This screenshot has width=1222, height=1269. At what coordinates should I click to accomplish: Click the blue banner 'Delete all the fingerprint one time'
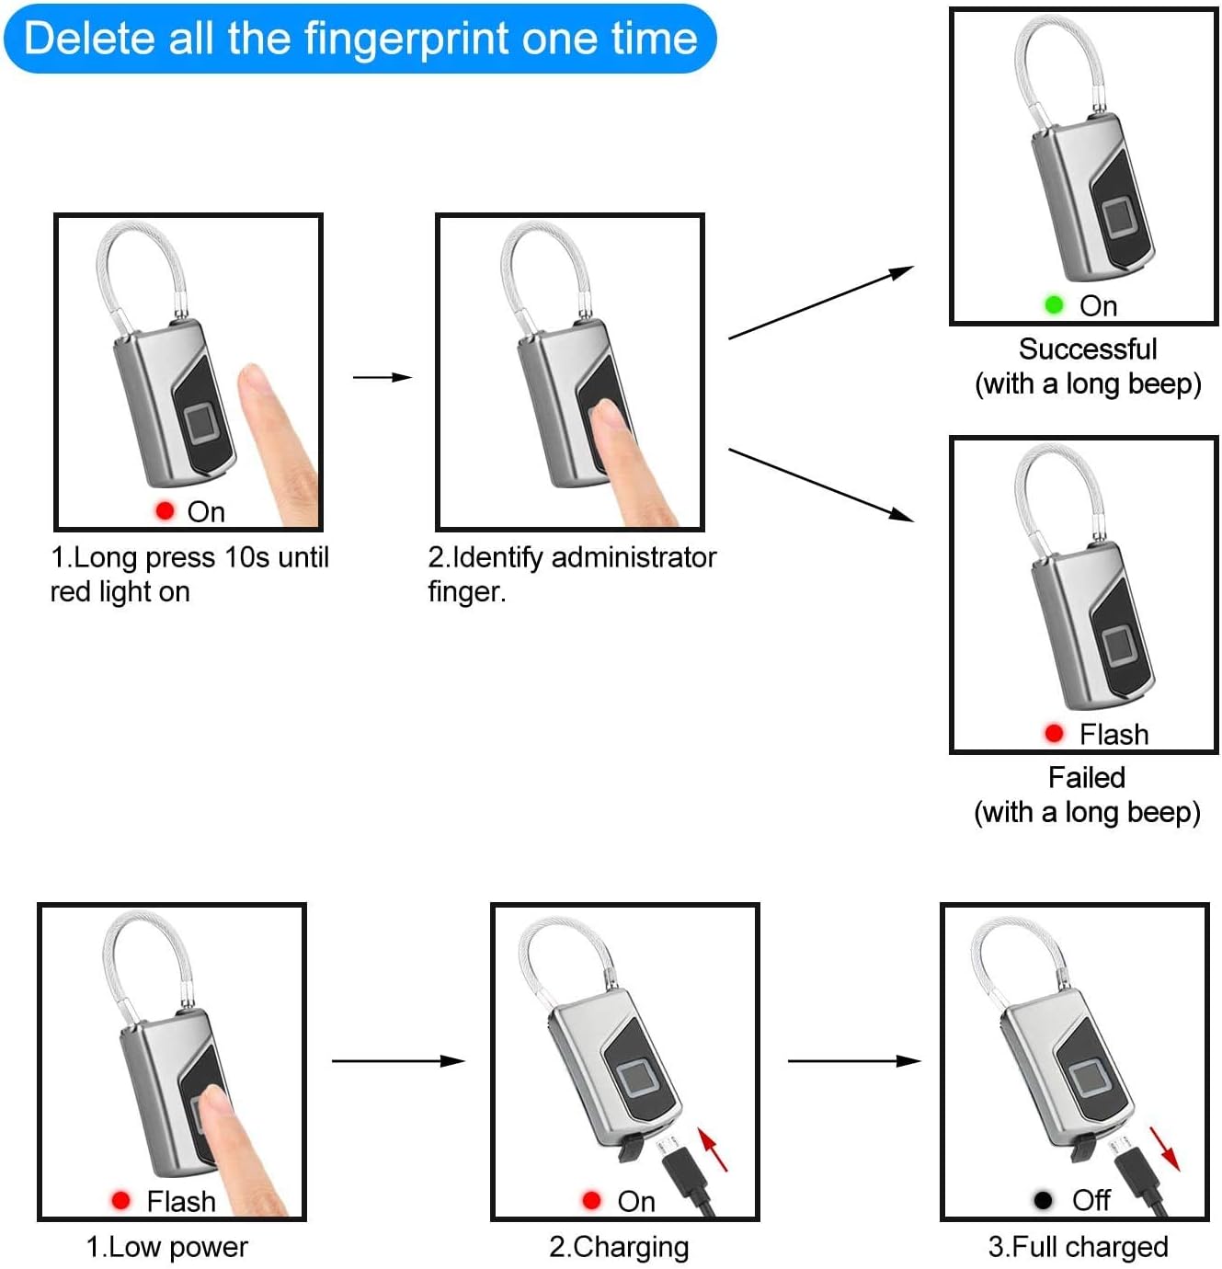[x=360, y=39]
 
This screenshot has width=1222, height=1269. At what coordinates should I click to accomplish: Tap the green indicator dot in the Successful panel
[x=1054, y=304]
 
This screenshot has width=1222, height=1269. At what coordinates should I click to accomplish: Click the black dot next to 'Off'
[x=1043, y=1200]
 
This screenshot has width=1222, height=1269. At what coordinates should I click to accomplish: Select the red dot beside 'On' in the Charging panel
[x=591, y=1201]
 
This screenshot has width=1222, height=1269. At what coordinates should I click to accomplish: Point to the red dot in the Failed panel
[x=1054, y=734]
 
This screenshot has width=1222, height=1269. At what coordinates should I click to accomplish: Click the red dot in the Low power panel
[x=120, y=1201]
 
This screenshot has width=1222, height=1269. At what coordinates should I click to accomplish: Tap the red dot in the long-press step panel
[x=165, y=510]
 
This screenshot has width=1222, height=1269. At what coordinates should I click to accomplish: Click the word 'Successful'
[x=1088, y=349]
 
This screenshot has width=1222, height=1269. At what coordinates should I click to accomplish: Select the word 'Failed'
[x=1087, y=777]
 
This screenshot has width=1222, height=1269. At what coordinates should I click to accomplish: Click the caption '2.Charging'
[x=619, y=1247]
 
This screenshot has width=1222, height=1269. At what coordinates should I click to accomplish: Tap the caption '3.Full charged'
[x=1078, y=1247]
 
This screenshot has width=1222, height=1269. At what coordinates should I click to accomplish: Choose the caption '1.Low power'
[x=167, y=1247]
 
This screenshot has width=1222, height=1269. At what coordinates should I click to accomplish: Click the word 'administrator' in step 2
[x=634, y=558]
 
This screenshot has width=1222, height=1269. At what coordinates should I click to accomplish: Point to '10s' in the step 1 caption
[x=246, y=558]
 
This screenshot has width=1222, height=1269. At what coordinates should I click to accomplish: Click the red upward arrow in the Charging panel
[x=713, y=1149]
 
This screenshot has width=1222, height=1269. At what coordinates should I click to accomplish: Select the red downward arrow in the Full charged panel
[x=1165, y=1149]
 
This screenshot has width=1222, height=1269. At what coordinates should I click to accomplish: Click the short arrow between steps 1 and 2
[x=383, y=377]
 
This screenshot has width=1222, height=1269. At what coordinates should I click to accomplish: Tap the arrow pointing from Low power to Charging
[x=398, y=1061]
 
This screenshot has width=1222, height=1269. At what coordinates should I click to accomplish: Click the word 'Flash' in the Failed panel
[x=1114, y=734]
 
